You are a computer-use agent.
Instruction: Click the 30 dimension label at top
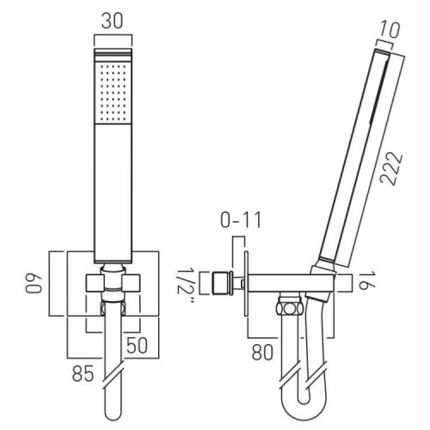112,21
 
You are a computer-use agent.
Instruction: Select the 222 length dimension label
391,169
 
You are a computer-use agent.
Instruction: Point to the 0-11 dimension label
241,220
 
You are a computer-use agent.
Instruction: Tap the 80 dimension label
262,352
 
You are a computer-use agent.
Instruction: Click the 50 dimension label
137,345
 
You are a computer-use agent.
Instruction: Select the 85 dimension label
83,373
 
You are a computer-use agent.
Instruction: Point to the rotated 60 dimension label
34,284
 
